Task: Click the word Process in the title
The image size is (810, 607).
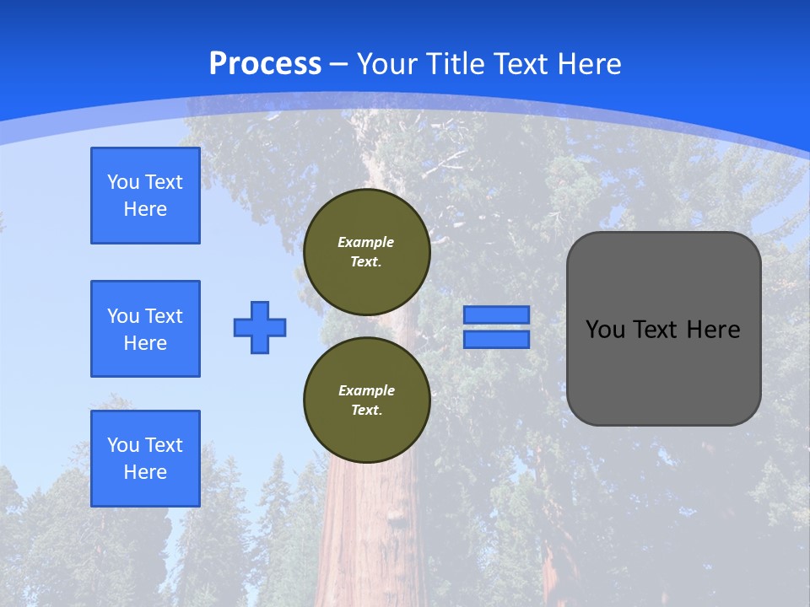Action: click(x=265, y=64)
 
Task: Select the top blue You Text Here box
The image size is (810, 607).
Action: click(x=145, y=196)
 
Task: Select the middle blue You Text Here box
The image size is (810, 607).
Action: click(x=145, y=329)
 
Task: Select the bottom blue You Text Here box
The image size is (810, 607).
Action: click(x=145, y=459)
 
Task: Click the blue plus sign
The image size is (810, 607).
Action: click(x=260, y=327)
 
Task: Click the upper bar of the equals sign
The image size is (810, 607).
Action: click(x=496, y=314)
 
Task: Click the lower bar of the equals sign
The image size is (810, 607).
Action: click(x=496, y=339)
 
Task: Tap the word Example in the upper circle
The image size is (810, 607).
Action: click(x=366, y=242)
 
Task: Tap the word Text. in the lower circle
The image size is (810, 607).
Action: click(x=366, y=411)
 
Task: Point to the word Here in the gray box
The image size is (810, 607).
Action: click(x=713, y=330)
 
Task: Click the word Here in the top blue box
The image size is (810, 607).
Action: click(x=145, y=209)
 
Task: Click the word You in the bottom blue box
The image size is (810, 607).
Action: click(x=123, y=445)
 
